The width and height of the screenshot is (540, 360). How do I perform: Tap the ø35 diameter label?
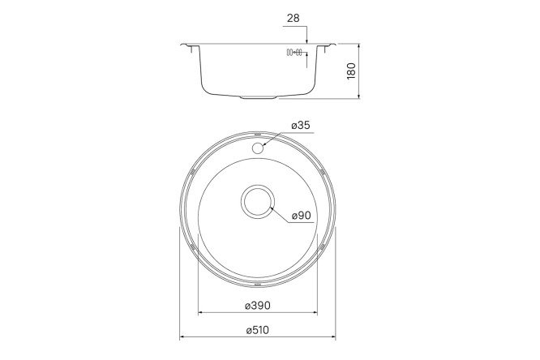tap(300, 126)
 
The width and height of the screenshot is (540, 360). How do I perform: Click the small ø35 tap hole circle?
tap(258, 148)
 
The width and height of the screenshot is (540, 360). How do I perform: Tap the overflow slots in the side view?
tap(294, 53)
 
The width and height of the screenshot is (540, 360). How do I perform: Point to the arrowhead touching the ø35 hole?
tap(265, 144)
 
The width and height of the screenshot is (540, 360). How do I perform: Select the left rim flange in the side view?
tap(190, 45)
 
